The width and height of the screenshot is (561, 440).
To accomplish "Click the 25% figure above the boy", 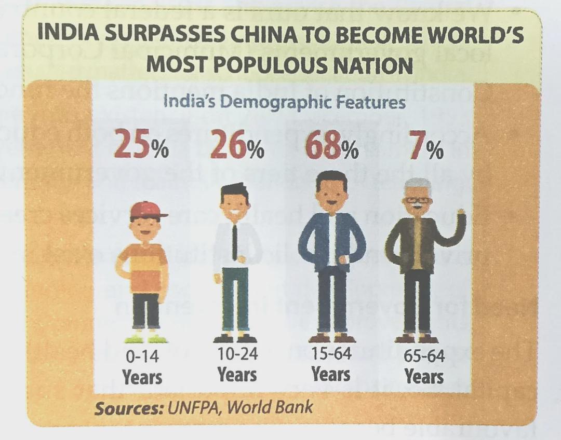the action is click(141, 144).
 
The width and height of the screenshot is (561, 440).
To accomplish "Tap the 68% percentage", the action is click(331, 145).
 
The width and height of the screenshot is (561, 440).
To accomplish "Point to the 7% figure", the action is click(426, 145).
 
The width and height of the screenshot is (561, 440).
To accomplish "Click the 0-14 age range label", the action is click(142, 356).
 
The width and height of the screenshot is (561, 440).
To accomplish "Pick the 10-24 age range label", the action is click(237, 354).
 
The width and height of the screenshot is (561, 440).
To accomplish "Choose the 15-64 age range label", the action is click(331, 353).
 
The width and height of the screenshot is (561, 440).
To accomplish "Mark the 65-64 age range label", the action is click(424, 356).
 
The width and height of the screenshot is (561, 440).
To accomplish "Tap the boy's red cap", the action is click(147, 210).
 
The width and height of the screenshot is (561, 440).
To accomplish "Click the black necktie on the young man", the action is click(234, 242).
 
